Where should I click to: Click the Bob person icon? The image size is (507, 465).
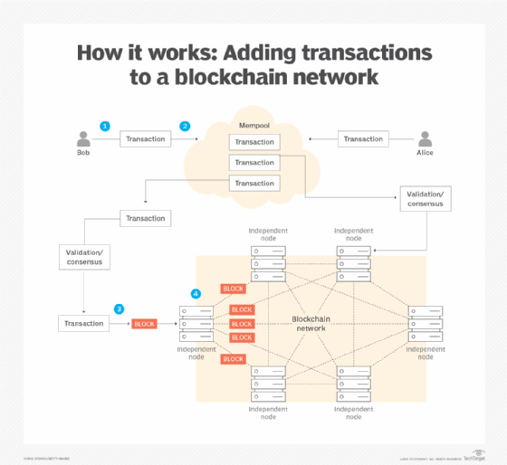(x=84, y=138)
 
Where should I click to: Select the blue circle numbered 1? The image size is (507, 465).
(x=105, y=126)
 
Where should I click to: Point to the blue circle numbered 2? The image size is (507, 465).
(x=186, y=127)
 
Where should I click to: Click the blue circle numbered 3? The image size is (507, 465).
(x=118, y=308)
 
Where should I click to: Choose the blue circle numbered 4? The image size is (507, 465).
(x=196, y=294)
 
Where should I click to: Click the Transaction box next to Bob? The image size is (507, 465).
(x=145, y=139)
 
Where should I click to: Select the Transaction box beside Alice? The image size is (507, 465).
(x=363, y=139)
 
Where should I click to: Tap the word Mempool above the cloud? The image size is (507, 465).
(x=253, y=124)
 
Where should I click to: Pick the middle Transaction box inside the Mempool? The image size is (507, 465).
(x=253, y=163)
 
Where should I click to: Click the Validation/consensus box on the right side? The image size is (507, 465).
(x=425, y=198)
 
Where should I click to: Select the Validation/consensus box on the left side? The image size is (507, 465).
(x=83, y=256)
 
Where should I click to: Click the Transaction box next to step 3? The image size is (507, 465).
(x=83, y=323)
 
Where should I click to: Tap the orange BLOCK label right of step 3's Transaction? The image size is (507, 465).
(x=144, y=324)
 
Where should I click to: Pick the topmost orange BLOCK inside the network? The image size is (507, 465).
(x=233, y=289)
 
